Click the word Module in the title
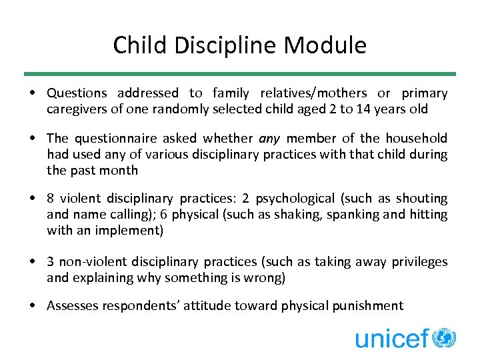pyautogui.click(x=325, y=45)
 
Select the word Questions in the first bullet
pyautogui.click(x=77, y=93)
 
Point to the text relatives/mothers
pyautogui.click(x=313, y=93)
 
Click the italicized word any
pyautogui.click(x=269, y=138)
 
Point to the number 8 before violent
pyautogui.click(x=51, y=199)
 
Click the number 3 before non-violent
pyautogui.click(x=51, y=262)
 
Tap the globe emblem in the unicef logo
pyautogui.click(x=444, y=338)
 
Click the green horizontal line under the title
pyautogui.click(x=240, y=74)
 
